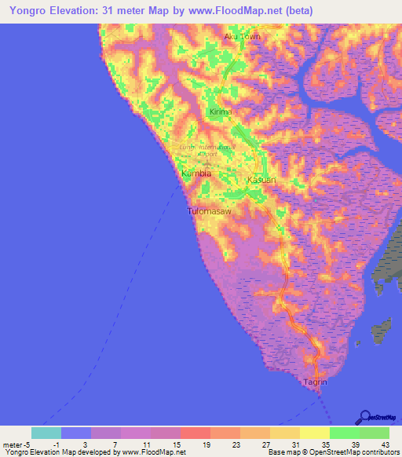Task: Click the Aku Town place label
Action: click(x=241, y=36)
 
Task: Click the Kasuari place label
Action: click(x=261, y=181)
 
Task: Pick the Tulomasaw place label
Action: click(x=210, y=212)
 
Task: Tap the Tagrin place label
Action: click(x=315, y=382)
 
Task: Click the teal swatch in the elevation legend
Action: click(x=46, y=433)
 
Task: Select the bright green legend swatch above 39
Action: click(x=345, y=433)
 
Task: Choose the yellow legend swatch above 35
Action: click(x=315, y=433)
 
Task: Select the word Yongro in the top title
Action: click(x=28, y=11)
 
